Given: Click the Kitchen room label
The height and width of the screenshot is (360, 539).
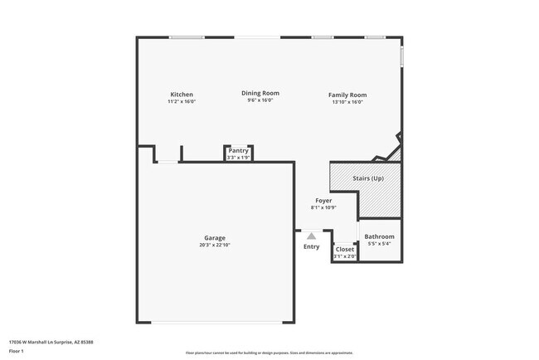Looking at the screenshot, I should pos(182,95).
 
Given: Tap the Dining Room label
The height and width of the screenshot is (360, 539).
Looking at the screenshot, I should pos(260,93).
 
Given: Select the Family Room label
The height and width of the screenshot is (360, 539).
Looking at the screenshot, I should pos(347,95).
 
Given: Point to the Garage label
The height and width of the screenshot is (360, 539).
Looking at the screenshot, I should pos(215,238).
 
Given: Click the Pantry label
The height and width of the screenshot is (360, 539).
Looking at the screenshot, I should pos(238,150).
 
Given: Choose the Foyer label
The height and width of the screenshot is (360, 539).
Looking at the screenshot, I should pos(323,201).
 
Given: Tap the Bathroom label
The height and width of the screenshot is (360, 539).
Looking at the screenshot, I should pos(380,236).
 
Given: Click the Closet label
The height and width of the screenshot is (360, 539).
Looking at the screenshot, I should pos(345,249).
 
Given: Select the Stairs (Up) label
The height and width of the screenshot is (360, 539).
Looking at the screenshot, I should pos(368,178).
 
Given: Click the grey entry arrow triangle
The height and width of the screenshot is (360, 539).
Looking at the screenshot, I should pos(312,236).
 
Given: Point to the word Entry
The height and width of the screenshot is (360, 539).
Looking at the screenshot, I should pos(311,246).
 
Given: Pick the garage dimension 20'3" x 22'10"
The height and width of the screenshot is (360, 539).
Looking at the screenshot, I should pos(215,245).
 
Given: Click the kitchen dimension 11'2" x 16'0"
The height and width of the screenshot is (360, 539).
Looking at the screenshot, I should pos(182,101).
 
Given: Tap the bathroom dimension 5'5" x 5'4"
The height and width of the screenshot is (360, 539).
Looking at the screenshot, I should pos(380,244).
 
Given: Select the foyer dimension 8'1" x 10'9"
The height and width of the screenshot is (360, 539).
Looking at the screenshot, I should pos(323,207).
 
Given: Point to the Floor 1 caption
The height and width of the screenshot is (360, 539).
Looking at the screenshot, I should pos(17,352).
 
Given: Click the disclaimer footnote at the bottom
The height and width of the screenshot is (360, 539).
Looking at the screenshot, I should pos(269,353).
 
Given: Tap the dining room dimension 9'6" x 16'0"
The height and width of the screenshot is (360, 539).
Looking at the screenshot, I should pos(260,100).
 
